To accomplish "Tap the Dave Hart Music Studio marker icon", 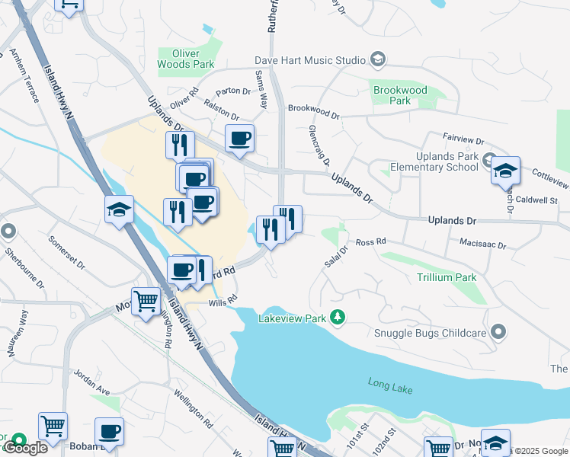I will (x=377, y=59).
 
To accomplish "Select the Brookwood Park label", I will (x=400, y=95).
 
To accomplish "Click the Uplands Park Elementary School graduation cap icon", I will (x=504, y=170).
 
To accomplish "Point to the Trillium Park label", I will (x=447, y=277).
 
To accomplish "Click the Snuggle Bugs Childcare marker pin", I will (x=498, y=331).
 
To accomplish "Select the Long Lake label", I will (x=389, y=387).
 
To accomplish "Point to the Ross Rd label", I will (x=370, y=241).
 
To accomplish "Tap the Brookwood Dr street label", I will (x=313, y=111).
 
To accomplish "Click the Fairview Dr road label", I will (x=463, y=139).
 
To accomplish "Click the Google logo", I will (x=26, y=448).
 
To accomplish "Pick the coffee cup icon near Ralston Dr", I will (x=239, y=139).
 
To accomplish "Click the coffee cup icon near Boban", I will (x=109, y=431).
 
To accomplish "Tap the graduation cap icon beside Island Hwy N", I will (x=120, y=209).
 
